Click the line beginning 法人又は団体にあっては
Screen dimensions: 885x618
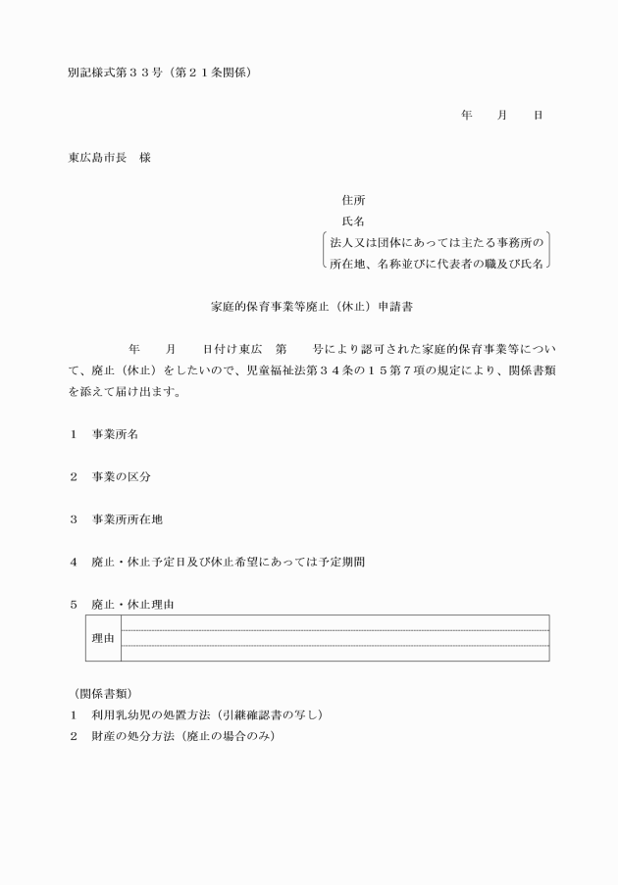click(x=437, y=241)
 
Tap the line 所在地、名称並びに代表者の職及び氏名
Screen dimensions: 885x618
click(x=437, y=263)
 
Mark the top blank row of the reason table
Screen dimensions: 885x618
click(x=334, y=622)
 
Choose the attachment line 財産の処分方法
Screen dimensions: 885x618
click(x=182, y=736)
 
